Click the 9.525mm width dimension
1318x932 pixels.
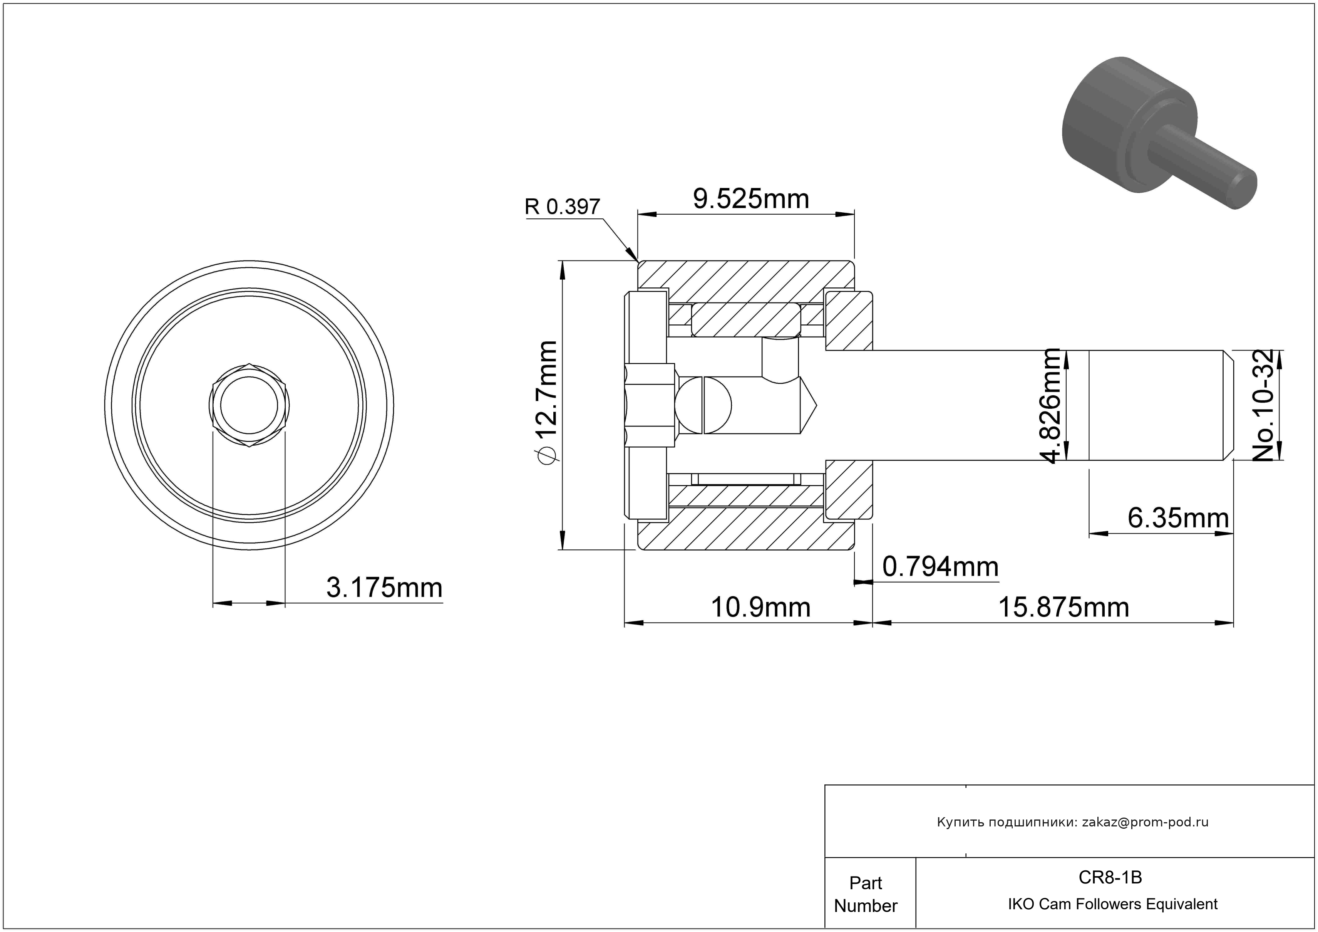(x=751, y=199)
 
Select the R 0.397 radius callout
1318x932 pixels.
(x=562, y=207)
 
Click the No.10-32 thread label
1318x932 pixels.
(x=1263, y=405)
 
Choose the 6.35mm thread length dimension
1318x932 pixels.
(x=1178, y=518)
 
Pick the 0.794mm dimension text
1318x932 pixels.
(x=940, y=567)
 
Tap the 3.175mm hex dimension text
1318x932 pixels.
(x=385, y=588)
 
